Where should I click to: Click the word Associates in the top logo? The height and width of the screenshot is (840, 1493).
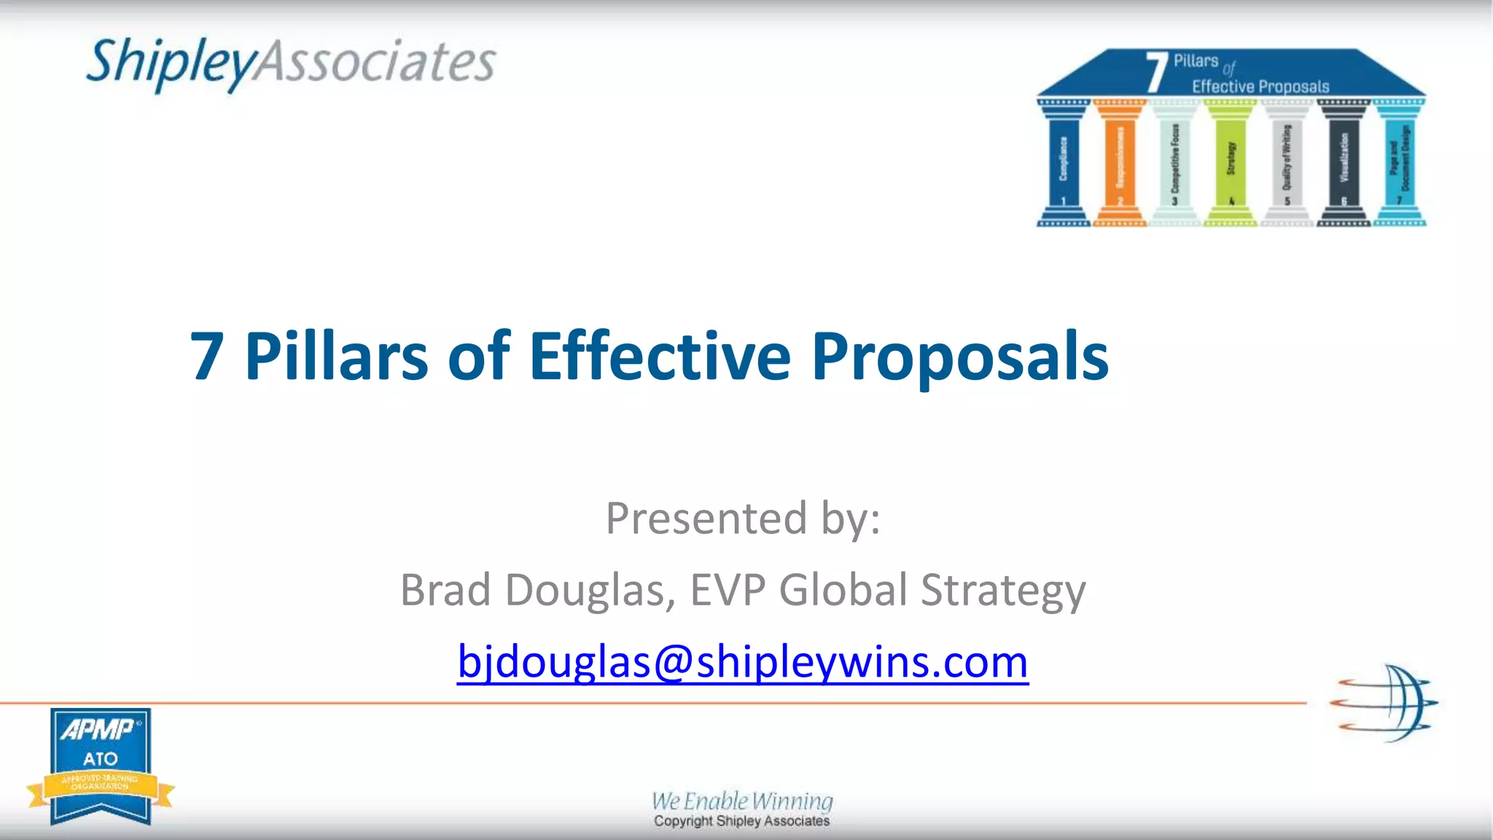[376, 62]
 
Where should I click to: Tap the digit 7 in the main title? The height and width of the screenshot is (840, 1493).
[206, 357]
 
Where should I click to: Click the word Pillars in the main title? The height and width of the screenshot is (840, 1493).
[336, 357]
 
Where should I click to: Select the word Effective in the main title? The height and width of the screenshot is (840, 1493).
[659, 357]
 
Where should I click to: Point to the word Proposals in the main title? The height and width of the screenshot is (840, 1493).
[959, 357]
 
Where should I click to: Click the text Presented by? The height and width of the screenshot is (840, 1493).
[743, 518]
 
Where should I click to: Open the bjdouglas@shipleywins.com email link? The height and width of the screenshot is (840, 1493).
[743, 661]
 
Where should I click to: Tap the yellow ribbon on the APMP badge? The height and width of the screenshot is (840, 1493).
[100, 786]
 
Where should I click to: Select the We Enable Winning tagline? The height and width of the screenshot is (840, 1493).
[742, 801]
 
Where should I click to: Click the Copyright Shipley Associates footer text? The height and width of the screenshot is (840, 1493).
[742, 821]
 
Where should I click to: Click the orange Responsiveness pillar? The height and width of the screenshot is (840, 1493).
[1120, 164]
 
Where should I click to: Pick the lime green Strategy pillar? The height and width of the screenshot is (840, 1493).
[1231, 164]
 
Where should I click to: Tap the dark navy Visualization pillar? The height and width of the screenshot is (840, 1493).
[1344, 164]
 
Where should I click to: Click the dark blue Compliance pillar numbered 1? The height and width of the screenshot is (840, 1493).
[1064, 164]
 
